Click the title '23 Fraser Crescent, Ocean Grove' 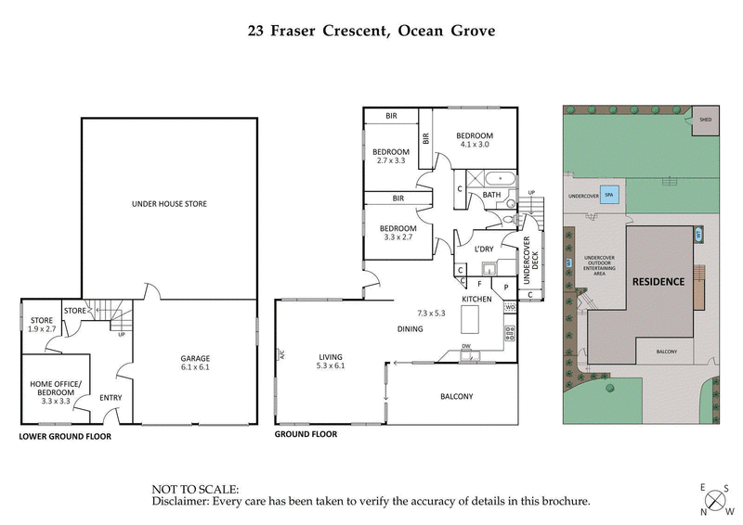pyautogui.click(x=371, y=30)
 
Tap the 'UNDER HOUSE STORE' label pyautogui.click(x=169, y=203)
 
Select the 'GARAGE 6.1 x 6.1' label pyautogui.click(x=195, y=363)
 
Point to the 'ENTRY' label pyautogui.click(x=111, y=396)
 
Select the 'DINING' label pyautogui.click(x=410, y=328)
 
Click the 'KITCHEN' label pyautogui.click(x=476, y=300)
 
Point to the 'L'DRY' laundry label pyautogui.click(x=483, y=249)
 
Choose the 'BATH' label pyautogui.click(x=491, y=195)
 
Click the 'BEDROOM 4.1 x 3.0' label pyautogui.click(x=478, y=139)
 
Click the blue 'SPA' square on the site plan pyautogui.click(x=610, y=196)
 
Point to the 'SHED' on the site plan pyautogui.click(x=706, y=120)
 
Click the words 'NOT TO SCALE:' pyautogui.click(x=195, y=488)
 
